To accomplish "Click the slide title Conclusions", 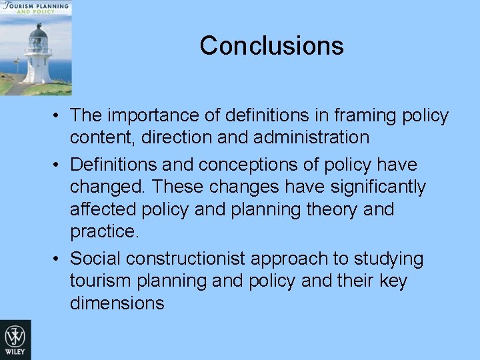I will [x=271, y=46].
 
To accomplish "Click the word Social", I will [x=97, y=258].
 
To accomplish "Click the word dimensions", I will [x=117, y=303].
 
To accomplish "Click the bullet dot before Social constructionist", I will [x=59, y=259].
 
